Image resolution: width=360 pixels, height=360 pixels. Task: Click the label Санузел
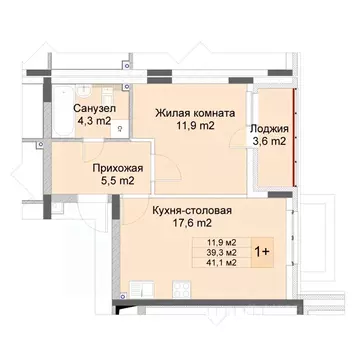[91, 109]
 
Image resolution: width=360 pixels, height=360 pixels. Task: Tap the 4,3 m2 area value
[91, 123]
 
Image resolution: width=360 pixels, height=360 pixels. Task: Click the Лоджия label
[269, 128]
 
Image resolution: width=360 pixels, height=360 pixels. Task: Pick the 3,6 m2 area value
[269, 143]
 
